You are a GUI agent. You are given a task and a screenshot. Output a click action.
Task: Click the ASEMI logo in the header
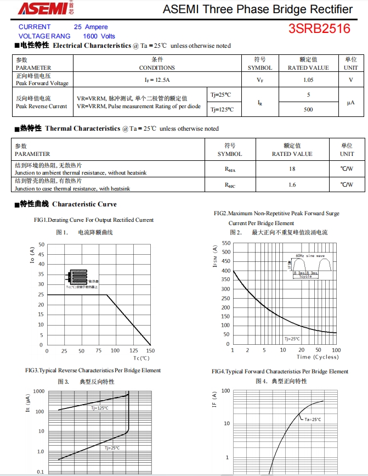[x=41, y=8]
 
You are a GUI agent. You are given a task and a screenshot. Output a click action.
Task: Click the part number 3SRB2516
[x=319, y=29]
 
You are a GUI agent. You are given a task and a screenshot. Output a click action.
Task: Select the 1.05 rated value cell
[x=308, y=80]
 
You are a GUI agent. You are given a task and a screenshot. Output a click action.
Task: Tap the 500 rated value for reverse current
[x=308, y=109]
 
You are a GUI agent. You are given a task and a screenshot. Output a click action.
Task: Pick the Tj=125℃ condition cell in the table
[x=222, y=109]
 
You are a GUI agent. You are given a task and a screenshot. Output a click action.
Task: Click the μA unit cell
[x=350, y=102]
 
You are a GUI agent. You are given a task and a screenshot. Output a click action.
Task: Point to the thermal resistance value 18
[x=292, y=169]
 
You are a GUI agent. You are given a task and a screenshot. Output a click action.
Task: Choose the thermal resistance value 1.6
[x=292, y=185]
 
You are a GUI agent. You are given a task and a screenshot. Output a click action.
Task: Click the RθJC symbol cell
[x=230, y=185]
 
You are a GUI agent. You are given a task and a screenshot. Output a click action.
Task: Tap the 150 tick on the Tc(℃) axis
[x=150, y=351]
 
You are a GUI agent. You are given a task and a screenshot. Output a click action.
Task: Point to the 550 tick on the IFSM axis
[x=226, y=243]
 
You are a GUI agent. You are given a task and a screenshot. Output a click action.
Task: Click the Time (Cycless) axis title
[x=318, y=357]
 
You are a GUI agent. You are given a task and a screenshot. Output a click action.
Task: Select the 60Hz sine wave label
[x=310, y=256]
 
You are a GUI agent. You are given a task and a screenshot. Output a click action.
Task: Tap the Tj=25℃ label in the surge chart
[x=292, y=339]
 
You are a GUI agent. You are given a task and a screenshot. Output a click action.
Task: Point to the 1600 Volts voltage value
[x=99, y=36]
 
